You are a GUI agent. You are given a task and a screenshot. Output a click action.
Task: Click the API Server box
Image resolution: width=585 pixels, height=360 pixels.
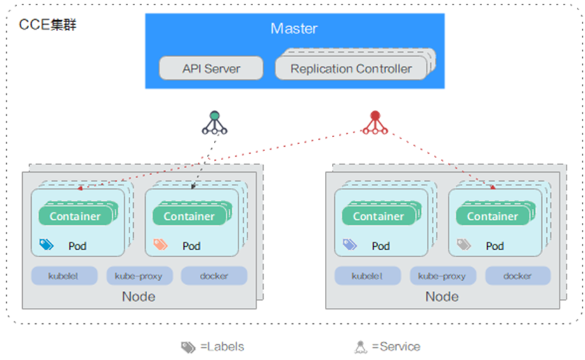point(211,69)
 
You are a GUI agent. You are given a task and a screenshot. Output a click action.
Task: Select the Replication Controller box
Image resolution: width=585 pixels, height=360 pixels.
point(351,69)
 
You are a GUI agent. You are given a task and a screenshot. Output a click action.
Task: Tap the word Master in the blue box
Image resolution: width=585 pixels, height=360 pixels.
point(294,29)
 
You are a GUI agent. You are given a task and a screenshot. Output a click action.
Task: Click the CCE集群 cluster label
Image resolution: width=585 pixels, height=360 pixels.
point(48,26)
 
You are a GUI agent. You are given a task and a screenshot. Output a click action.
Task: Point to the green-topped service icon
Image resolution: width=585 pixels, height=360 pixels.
point(214,122)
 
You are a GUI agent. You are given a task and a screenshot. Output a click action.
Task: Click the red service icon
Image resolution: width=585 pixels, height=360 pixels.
point(375,122)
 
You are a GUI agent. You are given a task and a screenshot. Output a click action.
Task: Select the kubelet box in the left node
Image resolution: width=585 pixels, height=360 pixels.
point(64,276)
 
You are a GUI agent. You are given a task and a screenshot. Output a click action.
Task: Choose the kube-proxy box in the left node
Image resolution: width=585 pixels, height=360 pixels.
point(138,276)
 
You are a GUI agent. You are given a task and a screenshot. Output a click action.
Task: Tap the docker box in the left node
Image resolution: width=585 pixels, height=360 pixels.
point(214,276)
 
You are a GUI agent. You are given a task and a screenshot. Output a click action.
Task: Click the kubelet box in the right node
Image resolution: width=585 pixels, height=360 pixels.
point(368,276)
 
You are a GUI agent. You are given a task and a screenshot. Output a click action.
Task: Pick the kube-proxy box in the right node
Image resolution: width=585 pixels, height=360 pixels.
point(442,276)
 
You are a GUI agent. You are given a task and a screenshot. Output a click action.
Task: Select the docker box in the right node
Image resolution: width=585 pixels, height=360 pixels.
point(518,276)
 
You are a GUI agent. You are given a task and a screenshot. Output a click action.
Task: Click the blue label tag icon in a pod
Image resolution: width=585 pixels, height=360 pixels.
point(46,244)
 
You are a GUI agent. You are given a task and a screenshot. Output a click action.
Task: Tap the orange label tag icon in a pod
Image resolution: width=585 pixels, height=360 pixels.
point(161,244)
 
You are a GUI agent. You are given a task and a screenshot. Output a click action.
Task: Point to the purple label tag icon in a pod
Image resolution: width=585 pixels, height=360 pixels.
point(350,244)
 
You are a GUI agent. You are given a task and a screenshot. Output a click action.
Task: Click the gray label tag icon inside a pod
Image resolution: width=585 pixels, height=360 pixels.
point(464,244)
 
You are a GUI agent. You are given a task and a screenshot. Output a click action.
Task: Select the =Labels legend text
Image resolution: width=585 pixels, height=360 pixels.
point(222,347)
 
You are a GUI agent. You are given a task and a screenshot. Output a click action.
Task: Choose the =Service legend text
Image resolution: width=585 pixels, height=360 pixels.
point(396,347)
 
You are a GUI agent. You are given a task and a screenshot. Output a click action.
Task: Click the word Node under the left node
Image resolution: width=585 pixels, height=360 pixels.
point(138,297)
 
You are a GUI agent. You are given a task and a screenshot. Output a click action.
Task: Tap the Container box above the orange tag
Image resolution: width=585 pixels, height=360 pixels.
point(188,216)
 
